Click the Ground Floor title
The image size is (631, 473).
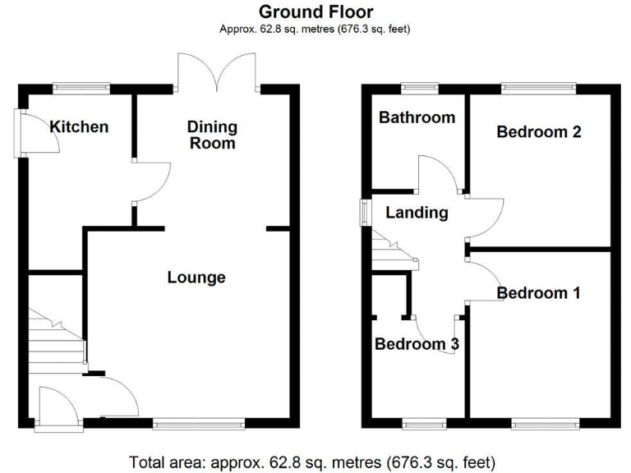(315, 11)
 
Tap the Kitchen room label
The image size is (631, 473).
(79, 126)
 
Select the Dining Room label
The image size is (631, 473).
(212, 135)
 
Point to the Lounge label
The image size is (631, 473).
(196, 278)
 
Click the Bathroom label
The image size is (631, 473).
(417, 117)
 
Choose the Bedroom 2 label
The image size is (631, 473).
(539, 131)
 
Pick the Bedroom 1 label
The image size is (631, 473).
(539, 292)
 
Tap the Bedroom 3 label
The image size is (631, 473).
(417, 344)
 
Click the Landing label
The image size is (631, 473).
(417, 213)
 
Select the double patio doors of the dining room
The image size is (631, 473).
(218, 74)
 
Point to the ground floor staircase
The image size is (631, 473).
(56, 337)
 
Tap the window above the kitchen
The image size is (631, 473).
(81, 85)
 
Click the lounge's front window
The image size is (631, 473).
(198, 425)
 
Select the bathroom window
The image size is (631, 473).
(419, 85)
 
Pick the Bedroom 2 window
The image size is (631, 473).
(538, 85)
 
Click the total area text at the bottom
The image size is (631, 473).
(313, 462)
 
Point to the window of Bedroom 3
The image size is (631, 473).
(425, 425)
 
